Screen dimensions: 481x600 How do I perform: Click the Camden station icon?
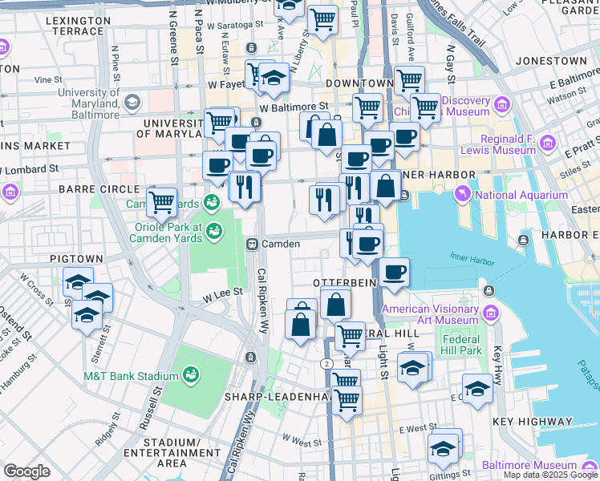pyautogui.click(x=251, y=244)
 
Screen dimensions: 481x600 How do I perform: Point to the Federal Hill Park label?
pyautogui.click(x=460, y=344)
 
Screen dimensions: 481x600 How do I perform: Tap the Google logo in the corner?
pyautogui.click(x=26, y=471)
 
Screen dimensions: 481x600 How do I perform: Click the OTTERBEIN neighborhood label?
pyautogui.click(x=344, y=283)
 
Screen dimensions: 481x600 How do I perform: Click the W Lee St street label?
pyautogui.click(x=222, y=294)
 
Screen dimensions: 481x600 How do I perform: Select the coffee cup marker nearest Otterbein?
pyautogui.click(x=394, y=273)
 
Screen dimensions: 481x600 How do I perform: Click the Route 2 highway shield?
pyautogui.click(x=327, y=363)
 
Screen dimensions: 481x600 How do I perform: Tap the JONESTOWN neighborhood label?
pyautogui.click(x=551, y=61)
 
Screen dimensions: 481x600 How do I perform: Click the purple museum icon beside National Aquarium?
pyautogui.click(x=462, y=195)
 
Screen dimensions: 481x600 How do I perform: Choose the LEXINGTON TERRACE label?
pyautogui.click(x=79, y=25)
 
